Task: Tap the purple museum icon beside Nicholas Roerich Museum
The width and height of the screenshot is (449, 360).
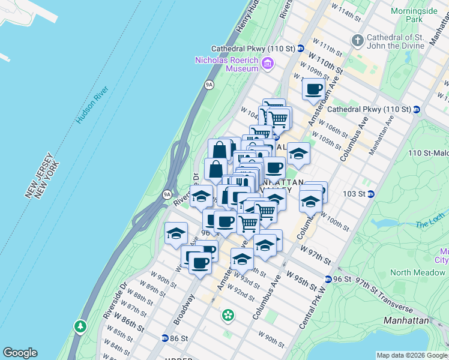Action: (268, 62)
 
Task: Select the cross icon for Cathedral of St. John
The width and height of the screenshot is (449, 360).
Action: (358, 41)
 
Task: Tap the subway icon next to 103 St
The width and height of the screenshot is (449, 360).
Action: (371, 194)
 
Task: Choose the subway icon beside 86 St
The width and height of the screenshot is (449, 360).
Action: (164, 338)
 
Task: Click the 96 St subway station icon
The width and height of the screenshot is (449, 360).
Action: (328, 279)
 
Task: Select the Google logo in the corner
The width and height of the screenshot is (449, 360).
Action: (20, 353)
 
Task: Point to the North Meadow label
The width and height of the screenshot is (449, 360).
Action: (409, 272)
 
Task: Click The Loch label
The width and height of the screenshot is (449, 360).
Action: (427, 225)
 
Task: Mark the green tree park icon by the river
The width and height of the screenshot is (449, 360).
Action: (80, 326)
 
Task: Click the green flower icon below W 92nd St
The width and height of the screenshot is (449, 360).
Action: (228, 314)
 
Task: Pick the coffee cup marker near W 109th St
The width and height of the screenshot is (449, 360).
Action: (313, 90)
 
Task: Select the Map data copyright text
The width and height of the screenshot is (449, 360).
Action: (412, 355)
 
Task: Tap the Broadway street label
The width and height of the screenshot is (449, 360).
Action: (184, 310)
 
